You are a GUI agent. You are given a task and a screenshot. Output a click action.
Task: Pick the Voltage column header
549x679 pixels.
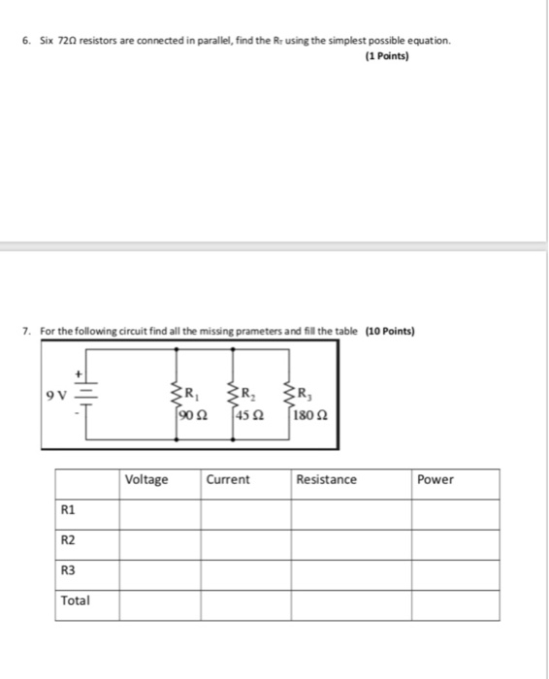tap(146, 480)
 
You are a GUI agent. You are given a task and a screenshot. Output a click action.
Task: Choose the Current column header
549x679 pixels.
tap(228, 480)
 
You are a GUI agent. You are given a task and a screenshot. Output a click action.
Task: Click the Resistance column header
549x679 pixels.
tap(326, 480)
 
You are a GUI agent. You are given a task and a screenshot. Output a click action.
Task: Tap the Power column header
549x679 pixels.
tap(436, 480)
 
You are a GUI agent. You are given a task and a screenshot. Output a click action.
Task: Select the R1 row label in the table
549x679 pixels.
tap(68, 509)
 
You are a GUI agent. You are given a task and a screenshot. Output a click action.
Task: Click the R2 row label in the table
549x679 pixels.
tap(68, 540)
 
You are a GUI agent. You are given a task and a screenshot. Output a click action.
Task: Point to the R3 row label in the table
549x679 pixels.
tap(68, 571)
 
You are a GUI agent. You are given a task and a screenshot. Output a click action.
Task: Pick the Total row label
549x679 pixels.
tap(75, 601)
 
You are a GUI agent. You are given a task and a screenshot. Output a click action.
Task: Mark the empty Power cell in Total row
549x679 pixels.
tap(455, 604)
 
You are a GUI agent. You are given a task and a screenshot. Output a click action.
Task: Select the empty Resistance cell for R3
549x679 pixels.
tap(351, 574)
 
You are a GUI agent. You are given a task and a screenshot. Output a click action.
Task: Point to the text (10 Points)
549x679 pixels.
tap(390, 332)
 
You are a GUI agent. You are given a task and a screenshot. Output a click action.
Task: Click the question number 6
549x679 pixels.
tap(28, 43)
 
